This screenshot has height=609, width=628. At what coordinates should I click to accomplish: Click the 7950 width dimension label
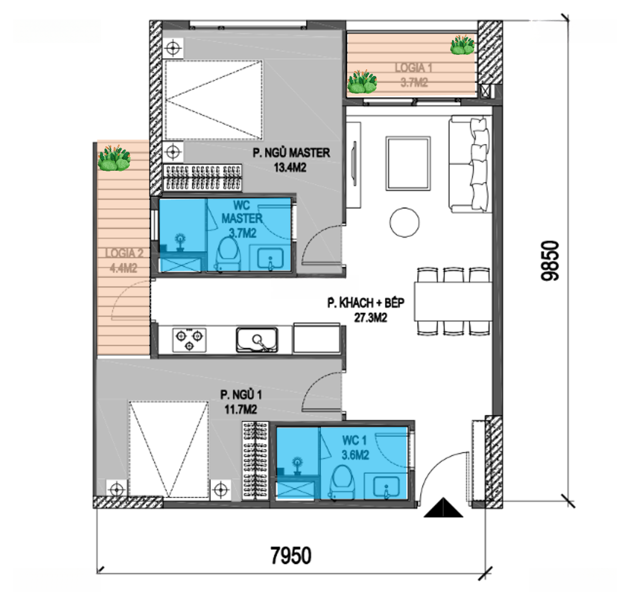tap(291, 555)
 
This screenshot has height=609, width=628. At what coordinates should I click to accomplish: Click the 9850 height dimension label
tap(549, 261)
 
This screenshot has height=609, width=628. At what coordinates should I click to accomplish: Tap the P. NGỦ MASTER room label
tap(291, 153)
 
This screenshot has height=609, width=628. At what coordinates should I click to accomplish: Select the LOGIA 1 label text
tap(414, 67)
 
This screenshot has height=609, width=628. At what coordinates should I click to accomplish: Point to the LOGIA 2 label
tap(124, 253)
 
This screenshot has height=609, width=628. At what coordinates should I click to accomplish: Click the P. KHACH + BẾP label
tap(366, 303)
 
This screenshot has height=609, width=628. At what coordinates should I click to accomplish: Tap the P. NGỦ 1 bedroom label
tap(241, 395)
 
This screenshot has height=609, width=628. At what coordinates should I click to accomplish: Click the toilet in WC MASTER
tap(228, 254)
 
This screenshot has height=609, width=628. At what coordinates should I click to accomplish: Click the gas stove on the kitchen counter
tap(189, 340)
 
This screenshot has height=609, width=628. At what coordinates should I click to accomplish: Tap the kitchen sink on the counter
tap(257, 340)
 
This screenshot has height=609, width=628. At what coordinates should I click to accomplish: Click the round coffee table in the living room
tap(405, 223)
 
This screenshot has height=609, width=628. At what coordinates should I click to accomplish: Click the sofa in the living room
tap(469, 163)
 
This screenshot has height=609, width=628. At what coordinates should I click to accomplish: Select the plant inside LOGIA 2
tap(114, 158)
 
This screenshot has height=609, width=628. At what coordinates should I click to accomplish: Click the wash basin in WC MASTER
tap(270, 259)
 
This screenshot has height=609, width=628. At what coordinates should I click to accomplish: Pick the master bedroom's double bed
tap(213, 100)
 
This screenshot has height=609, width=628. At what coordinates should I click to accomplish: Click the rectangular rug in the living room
tap(408, 163)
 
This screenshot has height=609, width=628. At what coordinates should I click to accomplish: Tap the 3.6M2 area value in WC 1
tap(355, 455)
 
